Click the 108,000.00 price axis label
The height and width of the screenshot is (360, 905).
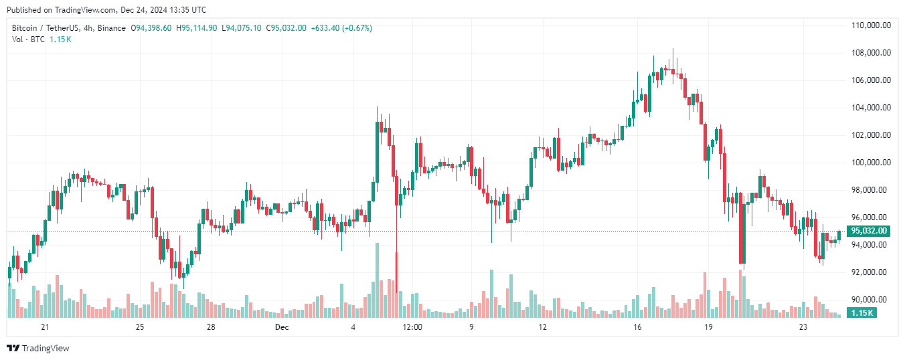[870, 53]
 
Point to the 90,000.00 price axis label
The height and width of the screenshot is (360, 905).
[870, 300]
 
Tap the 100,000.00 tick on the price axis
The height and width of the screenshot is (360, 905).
[870, 163]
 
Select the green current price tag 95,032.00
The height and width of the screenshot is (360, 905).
[868, 231]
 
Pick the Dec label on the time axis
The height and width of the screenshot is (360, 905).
[282, 327]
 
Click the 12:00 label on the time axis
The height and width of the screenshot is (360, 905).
[412, 327]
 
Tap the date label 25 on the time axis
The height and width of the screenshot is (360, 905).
[140, 327]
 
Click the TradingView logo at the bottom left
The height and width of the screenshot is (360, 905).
[38, 348]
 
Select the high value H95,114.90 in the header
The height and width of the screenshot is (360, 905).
[196, 28]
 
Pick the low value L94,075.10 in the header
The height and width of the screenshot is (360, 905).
[242, 28]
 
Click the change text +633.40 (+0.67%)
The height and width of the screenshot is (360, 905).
[341, 28]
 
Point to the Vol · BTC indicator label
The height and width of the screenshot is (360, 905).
[28, 39]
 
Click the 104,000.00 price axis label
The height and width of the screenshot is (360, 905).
[870, 108]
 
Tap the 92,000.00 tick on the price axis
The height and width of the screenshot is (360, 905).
[870, 272]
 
